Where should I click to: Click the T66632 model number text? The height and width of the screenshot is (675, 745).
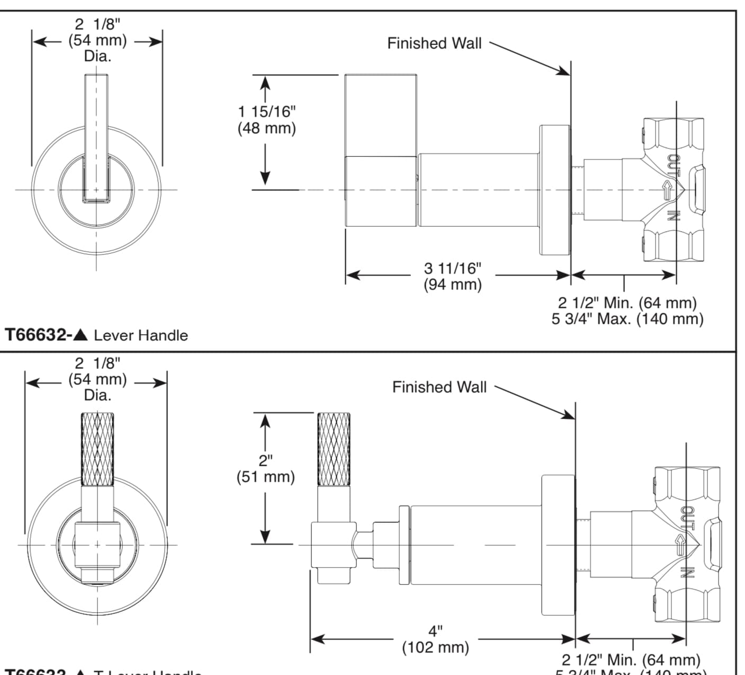tap(36, 335)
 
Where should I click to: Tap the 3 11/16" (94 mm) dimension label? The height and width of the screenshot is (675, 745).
tap(453, 276)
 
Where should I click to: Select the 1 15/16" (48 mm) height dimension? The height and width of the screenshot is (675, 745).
tap(266, 120)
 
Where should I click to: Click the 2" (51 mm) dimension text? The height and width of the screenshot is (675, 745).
tap(265, 468)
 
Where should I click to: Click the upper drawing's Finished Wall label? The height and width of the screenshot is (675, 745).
tap(434, 43)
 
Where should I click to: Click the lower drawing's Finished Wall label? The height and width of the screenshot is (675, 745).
tap(439, 387)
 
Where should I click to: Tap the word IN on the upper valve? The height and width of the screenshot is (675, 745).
tap(673, 214)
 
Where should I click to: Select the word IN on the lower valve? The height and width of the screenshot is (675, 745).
tap(687, 572)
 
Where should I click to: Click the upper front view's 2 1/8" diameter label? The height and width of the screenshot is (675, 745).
tap(97, 40)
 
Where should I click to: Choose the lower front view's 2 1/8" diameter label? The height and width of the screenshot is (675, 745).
tap(97, 379)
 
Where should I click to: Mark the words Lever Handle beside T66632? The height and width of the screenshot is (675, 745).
tap(141, 335)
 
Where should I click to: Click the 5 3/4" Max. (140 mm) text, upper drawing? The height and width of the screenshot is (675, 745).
tap(627, 319)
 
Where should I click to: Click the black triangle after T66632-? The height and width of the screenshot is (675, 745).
tap(80, 335)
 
